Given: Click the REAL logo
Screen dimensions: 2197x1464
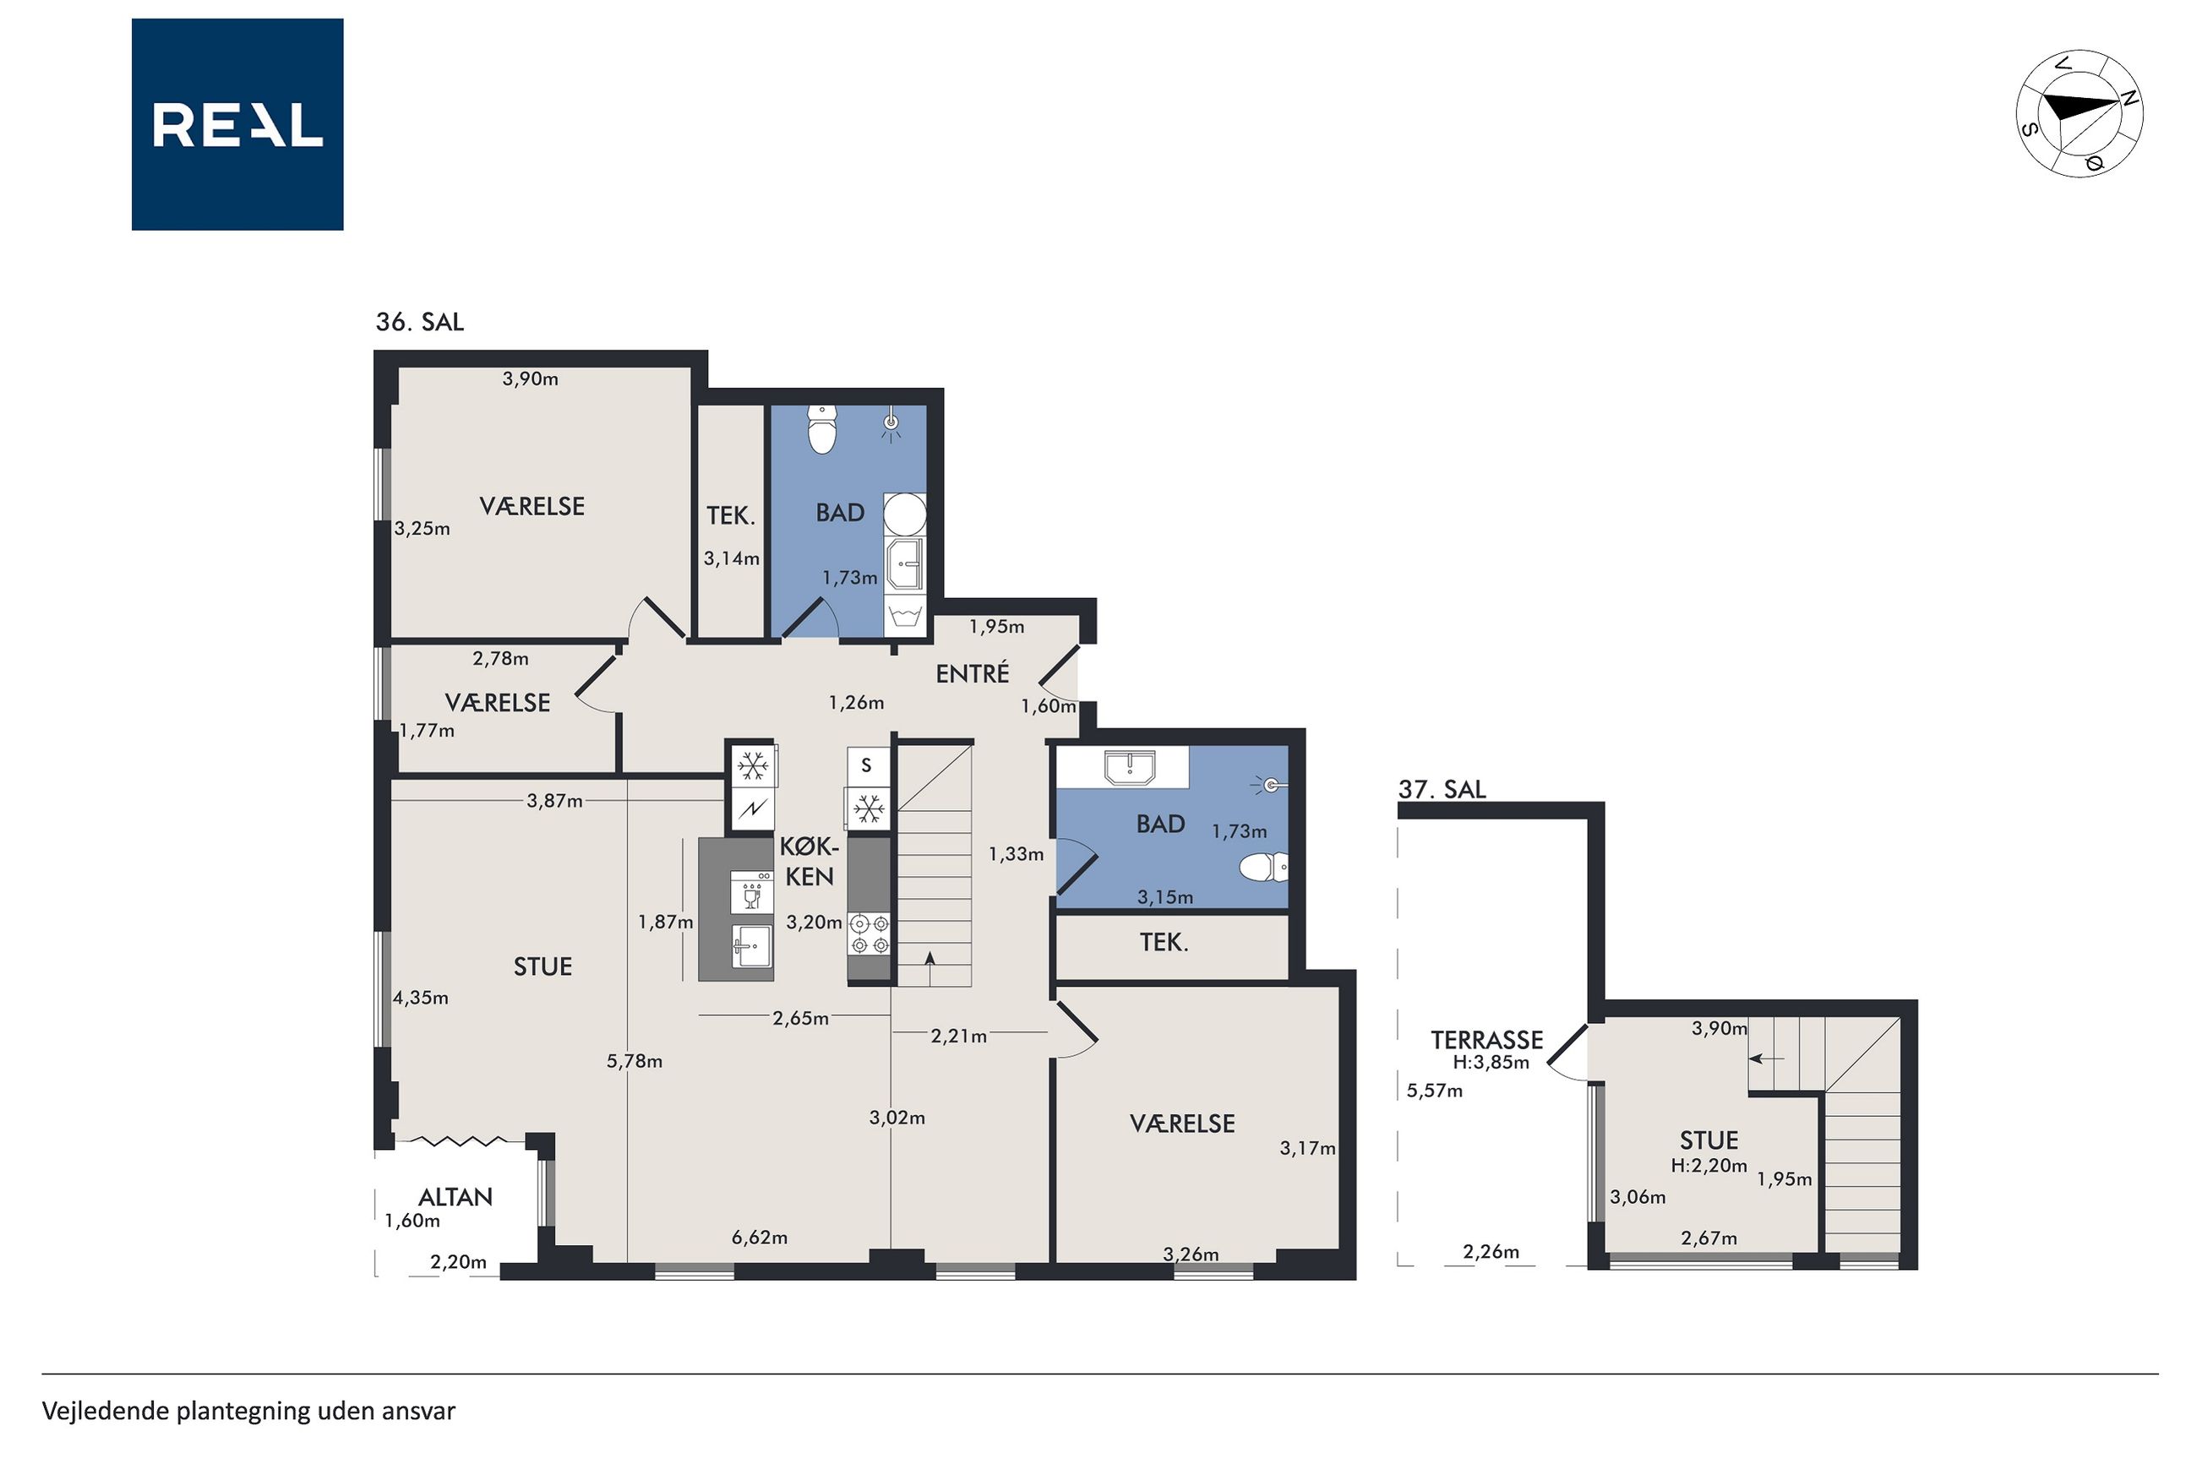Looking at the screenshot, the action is pos(237,124).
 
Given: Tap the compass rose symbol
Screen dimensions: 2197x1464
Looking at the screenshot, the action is pos(2079,113).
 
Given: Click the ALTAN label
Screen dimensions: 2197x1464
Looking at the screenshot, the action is pos(455,1197).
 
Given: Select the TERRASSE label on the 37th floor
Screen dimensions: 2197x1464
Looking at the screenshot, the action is pos(1486,1040).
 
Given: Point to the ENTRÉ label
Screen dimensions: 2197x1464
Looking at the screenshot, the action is pos(972,673).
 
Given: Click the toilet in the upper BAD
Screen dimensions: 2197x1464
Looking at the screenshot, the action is pos(821,428).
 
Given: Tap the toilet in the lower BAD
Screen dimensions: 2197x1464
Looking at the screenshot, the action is pos(1263,868).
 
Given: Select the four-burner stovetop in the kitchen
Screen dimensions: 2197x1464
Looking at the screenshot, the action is pos(869,934).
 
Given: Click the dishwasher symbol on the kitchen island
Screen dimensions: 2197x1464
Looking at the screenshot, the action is pos(752,890).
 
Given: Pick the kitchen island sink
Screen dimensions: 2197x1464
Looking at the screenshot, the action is pos(752,947).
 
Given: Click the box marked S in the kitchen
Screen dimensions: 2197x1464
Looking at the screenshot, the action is pos(866,765).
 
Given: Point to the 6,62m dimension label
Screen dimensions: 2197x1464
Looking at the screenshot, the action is pos(759,1238).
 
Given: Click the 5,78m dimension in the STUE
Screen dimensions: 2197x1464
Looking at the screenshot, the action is pos(634,1061).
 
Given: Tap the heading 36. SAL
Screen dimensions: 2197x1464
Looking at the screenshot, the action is pos(419,322).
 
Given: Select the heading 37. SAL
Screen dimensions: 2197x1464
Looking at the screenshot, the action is pos(1442,790).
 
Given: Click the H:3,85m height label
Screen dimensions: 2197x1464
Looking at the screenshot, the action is pos(1491,1063).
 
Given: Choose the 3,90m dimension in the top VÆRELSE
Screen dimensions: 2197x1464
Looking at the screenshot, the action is pos(531,379).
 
